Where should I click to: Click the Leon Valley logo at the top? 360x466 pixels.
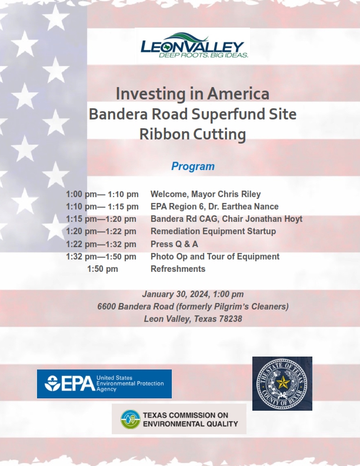192,46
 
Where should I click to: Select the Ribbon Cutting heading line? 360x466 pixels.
192,134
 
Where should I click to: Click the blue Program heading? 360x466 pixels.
192,167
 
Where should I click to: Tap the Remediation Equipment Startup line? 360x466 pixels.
213,231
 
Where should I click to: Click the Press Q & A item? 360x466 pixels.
174,244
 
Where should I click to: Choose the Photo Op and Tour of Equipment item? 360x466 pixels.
215,257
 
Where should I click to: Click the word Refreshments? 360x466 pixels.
178,269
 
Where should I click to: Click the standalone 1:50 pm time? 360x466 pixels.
102,269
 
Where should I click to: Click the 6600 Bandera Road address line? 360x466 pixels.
192,307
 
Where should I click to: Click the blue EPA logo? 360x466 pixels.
104,384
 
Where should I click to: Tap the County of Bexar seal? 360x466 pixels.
282,383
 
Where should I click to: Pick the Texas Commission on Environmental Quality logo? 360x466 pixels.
179,419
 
